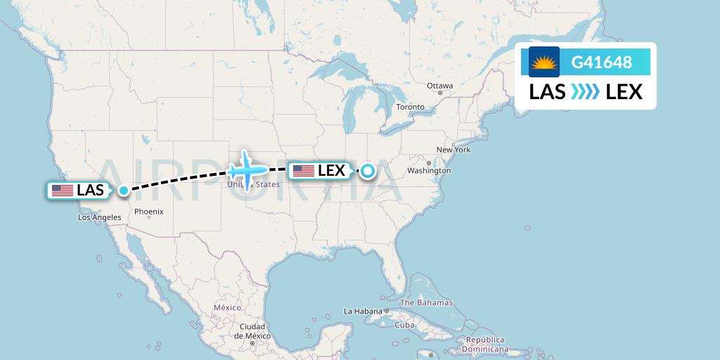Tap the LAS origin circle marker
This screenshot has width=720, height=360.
[x=124, y=190]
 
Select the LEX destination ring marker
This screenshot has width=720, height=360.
[x=367, y=170]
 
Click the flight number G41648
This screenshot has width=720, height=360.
[x=601, y=63]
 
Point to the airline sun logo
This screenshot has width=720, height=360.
[x=544, y=63]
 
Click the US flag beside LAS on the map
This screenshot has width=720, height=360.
[x=63, y=190]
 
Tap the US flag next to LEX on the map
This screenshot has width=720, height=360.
[x=304, y=170]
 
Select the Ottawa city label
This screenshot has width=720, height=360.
[x=440, y=86]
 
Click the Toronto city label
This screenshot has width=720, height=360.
[x=411, y=107]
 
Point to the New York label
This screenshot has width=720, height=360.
[x=454, y=150]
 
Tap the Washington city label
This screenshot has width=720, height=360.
[x=429, y=171]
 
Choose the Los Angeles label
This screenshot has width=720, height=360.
[x=99, y=218]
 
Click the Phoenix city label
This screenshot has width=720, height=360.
[x=149, y=212]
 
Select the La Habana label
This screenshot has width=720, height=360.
[x=362, y=311]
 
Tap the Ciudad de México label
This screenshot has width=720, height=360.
[x=252, y=331]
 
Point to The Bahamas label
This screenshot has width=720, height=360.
[x=427, y=303]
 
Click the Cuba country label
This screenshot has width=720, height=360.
[x=404, y=325]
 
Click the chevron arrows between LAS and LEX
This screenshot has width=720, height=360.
[x=585, y=91]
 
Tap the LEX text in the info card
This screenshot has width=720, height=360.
[x=624, y=91]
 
